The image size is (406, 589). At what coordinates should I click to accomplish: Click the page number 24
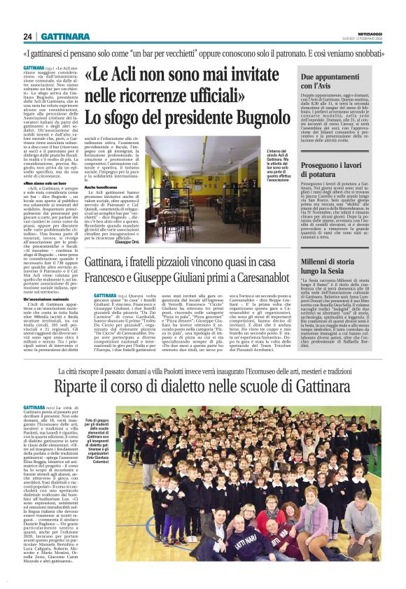[x=27, y=36]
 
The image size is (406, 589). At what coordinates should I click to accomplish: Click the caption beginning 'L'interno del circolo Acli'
[x=279, y=169]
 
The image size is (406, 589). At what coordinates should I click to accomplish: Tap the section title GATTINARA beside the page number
[x=65, y=36]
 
